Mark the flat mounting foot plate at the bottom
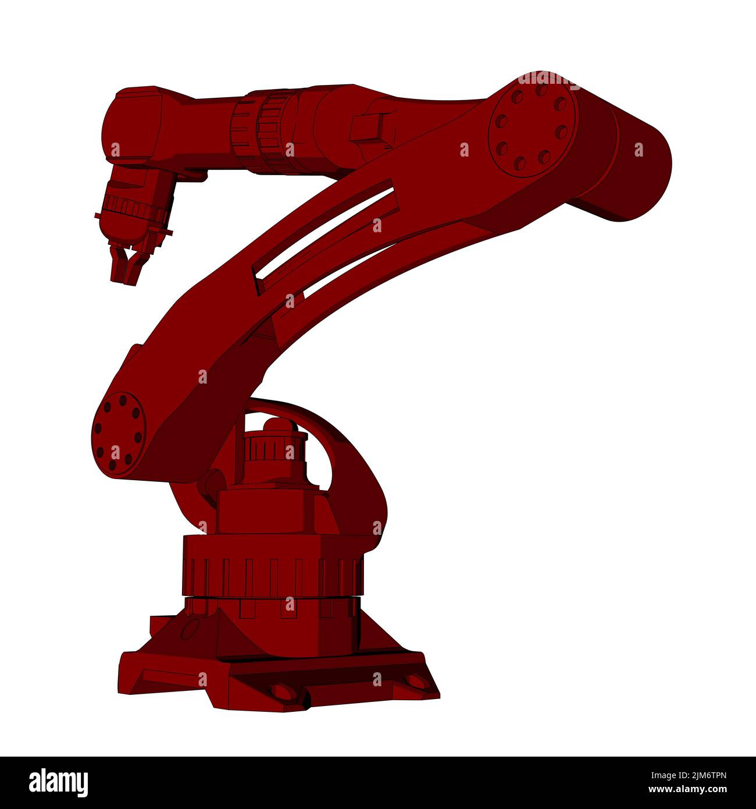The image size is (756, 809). click(x=279, y=681)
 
